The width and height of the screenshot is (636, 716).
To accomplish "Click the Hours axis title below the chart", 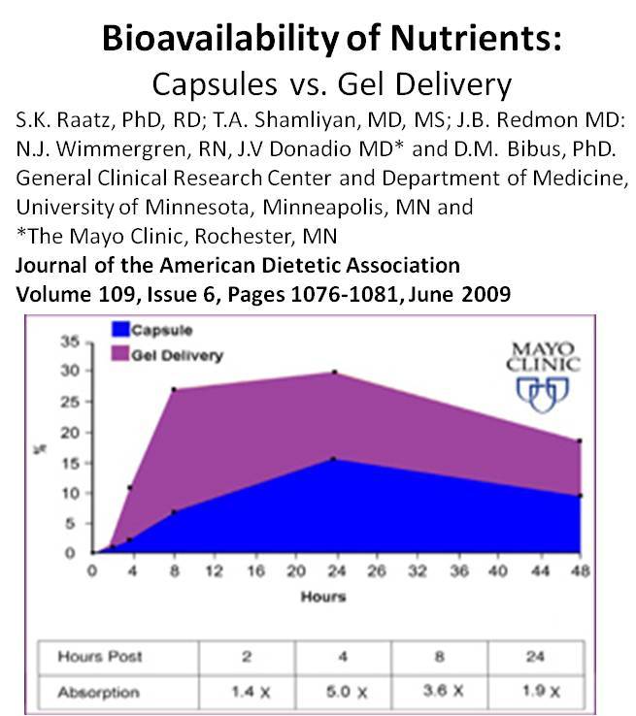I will pos(323,596).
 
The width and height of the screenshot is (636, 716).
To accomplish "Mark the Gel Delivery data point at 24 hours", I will pos(335,372).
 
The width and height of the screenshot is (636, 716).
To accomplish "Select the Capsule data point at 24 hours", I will pos(335,459).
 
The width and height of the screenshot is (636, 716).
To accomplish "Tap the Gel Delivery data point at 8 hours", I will pos(173,390).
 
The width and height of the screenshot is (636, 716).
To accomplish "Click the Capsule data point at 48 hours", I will pos(580,496).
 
